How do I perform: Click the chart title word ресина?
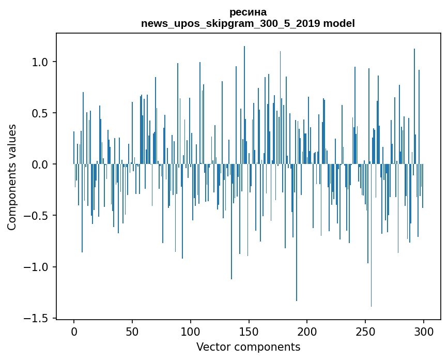click(248, 12)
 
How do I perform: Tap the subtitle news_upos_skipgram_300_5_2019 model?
click(248, 24)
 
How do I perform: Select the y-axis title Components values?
click(12, 177)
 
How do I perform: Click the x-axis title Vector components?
click(248, 347)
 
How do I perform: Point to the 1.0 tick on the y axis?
click(40, 62)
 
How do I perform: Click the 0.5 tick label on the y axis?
click(40, 113)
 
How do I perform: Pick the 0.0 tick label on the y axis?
click(40, 164)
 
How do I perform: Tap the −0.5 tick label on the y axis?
click(36, 216)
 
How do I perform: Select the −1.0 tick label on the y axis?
click(36, 267)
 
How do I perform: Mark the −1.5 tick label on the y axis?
click(36, 318)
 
